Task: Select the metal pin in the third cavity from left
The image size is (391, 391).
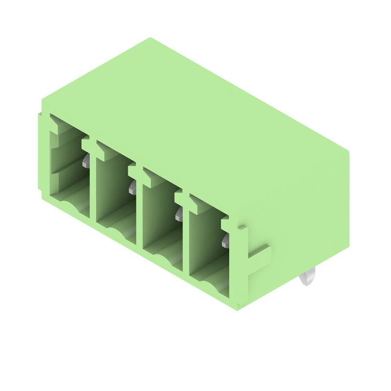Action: (179, 214)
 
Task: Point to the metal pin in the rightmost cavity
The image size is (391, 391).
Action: (225, 240)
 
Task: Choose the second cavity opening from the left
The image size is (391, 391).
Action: (115, 193)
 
